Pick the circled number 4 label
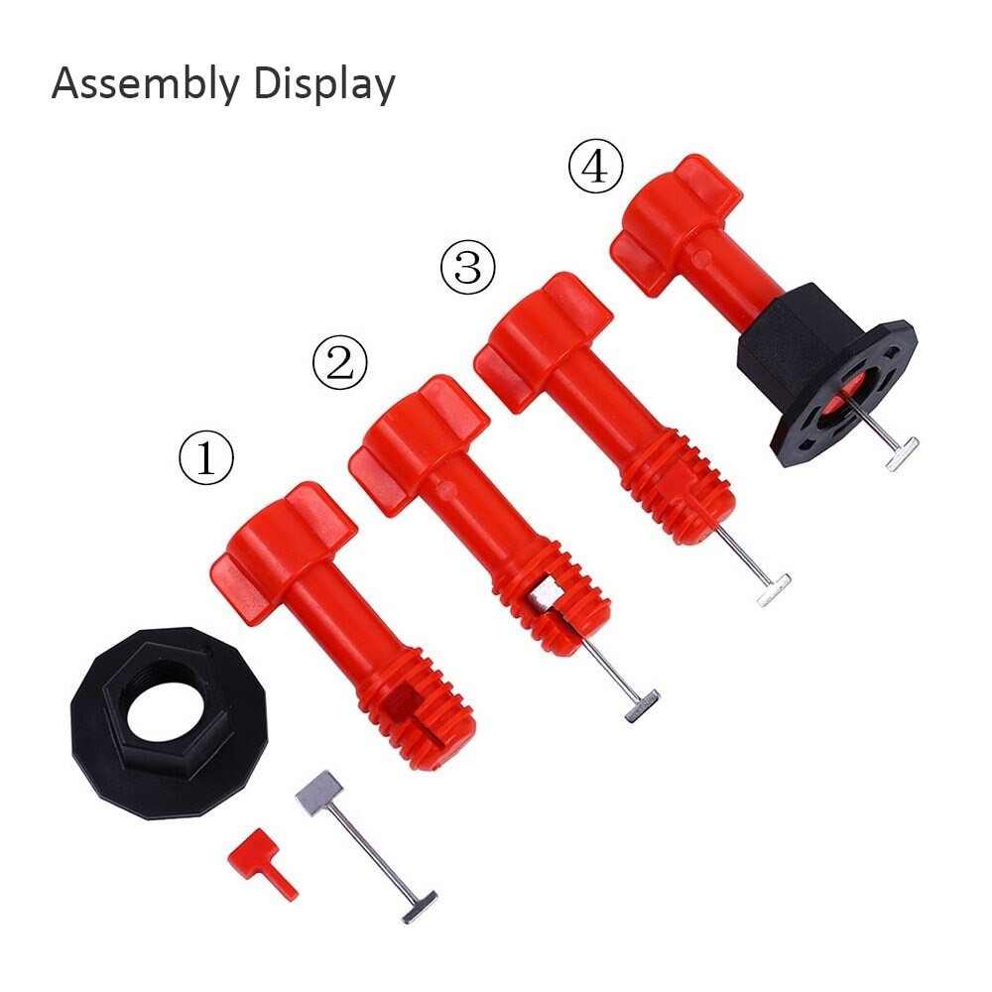pyautogui.click(x=595, y=167)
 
